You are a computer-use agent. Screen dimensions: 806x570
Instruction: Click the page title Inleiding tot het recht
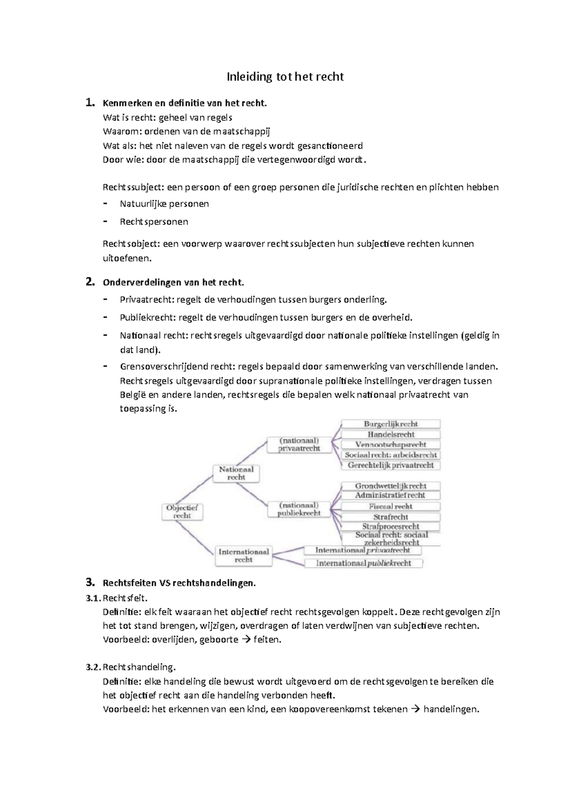click(285, 76)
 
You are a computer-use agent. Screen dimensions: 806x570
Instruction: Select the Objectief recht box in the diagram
click(182, 512)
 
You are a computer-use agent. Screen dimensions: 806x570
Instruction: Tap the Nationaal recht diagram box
click(236, 473)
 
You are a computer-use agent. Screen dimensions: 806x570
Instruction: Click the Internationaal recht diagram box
click(243, 556)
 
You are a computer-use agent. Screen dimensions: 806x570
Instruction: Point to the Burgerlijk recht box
click(391, 424)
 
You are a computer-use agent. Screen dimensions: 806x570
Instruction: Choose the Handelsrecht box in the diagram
click(391, 434)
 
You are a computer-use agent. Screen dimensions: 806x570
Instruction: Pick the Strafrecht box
click(390, 516)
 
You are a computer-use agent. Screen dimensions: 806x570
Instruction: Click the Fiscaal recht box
click(390, 506)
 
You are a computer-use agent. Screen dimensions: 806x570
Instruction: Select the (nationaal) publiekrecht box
click(299, 509)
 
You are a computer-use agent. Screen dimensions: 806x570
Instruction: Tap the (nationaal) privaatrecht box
click(299, 444)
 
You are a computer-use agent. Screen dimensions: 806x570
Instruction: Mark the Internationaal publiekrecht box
click(363, 563)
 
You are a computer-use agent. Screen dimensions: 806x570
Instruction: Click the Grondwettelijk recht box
click(390, 486)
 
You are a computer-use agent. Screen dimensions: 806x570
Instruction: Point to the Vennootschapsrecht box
click(390, 445)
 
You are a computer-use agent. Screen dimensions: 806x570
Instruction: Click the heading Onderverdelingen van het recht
click(173, 282)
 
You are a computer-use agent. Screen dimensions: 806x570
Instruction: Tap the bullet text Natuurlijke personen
click(164, 204)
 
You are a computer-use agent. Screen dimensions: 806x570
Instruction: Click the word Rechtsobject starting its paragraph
click(131, 244)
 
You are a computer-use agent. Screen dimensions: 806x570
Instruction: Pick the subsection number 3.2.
click(93, 667)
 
